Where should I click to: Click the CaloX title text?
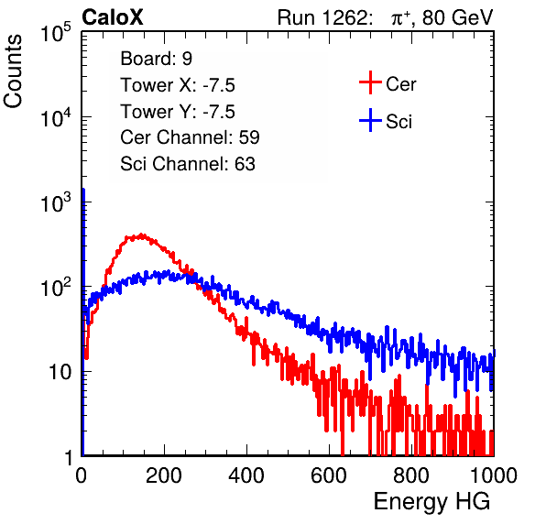click(113, 17)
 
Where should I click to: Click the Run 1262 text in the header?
click(322, 17)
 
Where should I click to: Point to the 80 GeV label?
click(457, 17)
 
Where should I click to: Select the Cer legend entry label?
click(400, 84)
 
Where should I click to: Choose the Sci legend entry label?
click(399, 122)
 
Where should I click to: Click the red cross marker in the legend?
click(370, 82)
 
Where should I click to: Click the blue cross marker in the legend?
click(370, 120)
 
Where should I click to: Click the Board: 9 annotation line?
click(157, 59)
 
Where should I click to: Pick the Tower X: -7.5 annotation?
click(178, 85)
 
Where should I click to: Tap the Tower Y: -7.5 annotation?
click(178, 112)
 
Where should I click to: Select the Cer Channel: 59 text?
click(190, 137)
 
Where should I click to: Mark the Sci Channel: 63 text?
click(188, 164)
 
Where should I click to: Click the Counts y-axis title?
click(13, 71)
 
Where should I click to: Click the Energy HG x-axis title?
click(431, 502)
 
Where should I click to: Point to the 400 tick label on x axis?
click(246, 475)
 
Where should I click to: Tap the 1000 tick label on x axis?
click(494, 475)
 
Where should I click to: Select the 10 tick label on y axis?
click(60, 372)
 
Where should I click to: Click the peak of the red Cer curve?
click(141, 235)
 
